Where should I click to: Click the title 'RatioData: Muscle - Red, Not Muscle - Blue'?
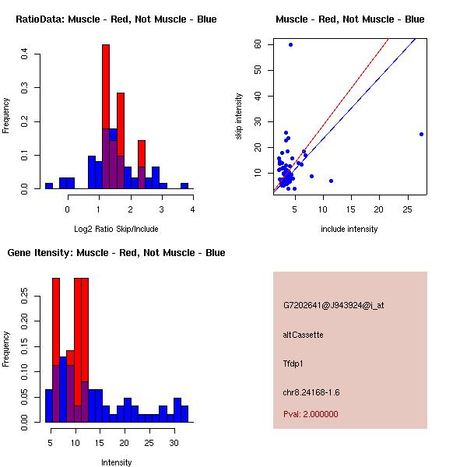(x=116, y=19)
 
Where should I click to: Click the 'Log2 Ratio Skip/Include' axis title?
(x=115, y=229)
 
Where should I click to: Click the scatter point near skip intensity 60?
(x=290, y=45)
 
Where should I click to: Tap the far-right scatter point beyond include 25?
(x=421, y=134)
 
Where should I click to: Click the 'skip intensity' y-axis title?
(x=240, y=117)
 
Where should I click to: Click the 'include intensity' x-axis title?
(x=349, y=229)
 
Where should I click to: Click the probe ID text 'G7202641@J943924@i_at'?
(x=334, y=305)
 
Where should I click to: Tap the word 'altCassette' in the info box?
(x=304, y=335)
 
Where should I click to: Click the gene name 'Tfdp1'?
(x=294, y=363)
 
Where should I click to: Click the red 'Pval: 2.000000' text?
(x=311, y=414)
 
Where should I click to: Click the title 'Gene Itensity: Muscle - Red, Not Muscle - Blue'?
(x=116, y=253)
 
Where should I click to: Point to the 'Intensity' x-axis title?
(x=116, y=462)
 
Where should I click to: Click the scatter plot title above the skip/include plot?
(x=349, y=19)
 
